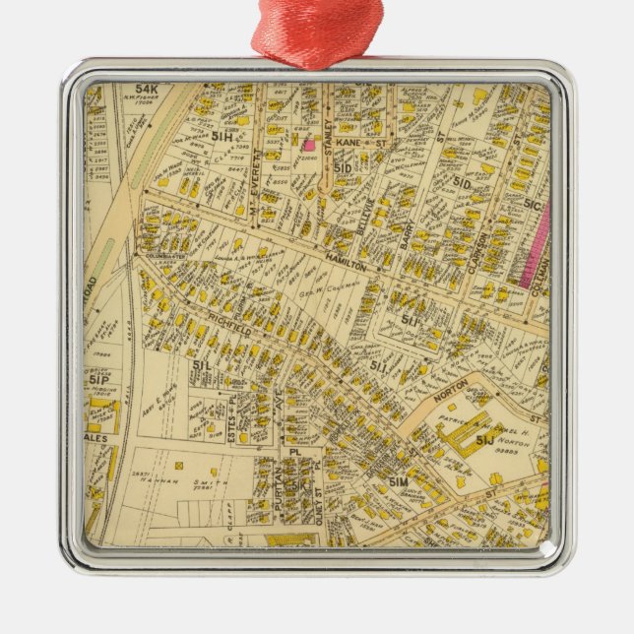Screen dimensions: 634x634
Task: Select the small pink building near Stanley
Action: pos(308,144)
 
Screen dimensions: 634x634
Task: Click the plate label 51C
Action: pos(533,205)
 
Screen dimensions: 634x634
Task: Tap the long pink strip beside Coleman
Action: pos(538,246)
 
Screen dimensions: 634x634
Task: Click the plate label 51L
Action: pos(203,365)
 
